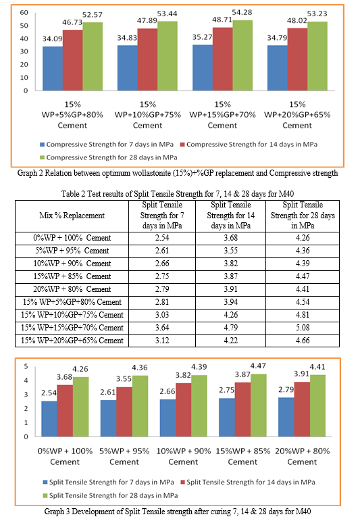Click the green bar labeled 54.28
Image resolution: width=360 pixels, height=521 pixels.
click(242, 55)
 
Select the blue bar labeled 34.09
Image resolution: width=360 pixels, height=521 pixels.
click(53, 68)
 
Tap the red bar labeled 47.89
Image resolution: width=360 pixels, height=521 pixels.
click(147, 59)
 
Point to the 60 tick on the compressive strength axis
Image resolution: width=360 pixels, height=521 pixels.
click(24, 13)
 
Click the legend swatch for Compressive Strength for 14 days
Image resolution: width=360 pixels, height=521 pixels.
click(182, 145)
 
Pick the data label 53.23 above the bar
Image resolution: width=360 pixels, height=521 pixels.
click(317, 14)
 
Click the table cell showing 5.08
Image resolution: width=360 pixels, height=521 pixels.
click(303, 328)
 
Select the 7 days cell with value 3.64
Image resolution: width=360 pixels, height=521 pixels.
click(162, 328)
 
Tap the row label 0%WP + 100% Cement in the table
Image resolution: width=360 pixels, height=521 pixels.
click(72, 238)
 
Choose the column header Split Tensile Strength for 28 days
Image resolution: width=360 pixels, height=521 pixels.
click(303, 216)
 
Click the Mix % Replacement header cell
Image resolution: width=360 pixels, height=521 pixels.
click(72, 216)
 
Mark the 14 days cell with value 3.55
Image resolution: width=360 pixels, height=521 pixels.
click(230, 251)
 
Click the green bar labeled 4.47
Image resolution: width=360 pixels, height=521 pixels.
click(259, 405)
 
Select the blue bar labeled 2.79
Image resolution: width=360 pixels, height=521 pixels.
click(286, 417)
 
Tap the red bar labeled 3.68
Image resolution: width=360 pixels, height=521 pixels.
click(65, 411)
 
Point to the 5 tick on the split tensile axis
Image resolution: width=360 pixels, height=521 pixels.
click(26, 366)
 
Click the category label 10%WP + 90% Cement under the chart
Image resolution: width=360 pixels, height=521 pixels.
click(183, 457)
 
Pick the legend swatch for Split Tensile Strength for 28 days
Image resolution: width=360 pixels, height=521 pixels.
click(45, 496)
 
